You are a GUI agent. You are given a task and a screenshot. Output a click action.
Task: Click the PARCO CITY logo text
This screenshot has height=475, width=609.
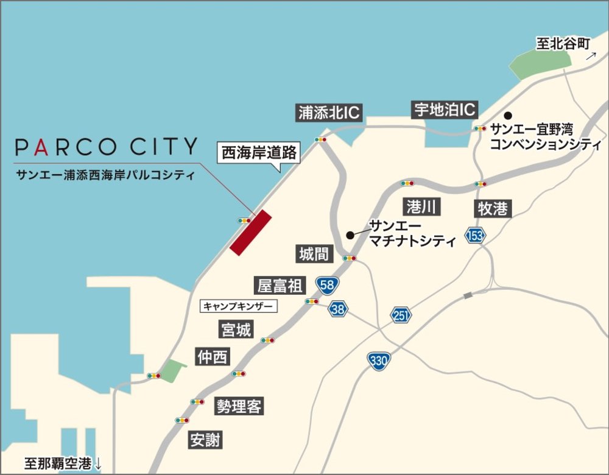click(x=107, y=147)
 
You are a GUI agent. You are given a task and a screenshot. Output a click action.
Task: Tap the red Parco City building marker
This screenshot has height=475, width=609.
click(x=250, y=232)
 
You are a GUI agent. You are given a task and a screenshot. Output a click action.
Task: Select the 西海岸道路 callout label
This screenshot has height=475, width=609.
click(x=259, y=153)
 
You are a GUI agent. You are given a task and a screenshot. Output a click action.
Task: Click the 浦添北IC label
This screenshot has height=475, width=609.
click(x=329, y=113)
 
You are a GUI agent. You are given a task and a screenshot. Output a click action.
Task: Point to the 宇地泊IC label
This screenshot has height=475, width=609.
click(x=444, y=110)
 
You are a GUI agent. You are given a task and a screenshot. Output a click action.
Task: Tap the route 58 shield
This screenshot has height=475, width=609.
click(x=328, y=284)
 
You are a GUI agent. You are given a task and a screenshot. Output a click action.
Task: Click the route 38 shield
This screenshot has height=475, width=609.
click(x=339, y=309)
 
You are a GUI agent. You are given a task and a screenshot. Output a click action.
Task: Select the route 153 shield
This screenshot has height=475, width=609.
click(x=474, y=235)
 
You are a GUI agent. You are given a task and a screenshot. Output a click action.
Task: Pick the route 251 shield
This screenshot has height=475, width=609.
click(x=402, y=314)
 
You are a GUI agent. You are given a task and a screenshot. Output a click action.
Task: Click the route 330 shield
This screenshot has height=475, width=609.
click(x=378, y=361)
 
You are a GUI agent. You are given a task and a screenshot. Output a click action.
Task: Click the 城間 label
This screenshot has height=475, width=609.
click(x=315, y=254)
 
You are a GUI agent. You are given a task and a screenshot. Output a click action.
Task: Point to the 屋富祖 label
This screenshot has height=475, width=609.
click(x=280, y=285)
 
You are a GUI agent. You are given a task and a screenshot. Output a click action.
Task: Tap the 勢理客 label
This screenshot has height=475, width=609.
click(x=239, y=407)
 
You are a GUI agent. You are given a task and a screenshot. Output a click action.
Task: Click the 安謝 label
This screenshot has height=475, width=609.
click(x=205, y=440)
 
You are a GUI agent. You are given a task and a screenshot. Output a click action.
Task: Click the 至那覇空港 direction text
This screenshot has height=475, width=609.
click(x=63, y=462)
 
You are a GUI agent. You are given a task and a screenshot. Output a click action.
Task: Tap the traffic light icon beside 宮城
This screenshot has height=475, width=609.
click(x=267, y=340)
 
